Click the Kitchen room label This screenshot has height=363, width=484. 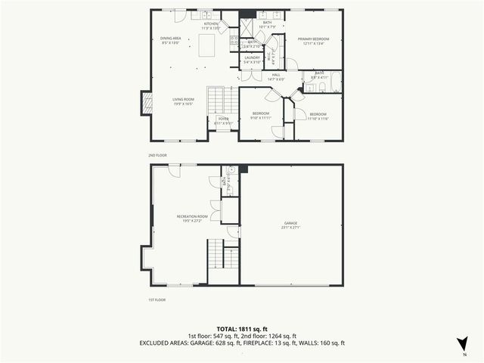pos(211,26)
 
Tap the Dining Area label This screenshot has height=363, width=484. pos(170,41)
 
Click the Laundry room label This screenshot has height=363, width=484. pos(253,60)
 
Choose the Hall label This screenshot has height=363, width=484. pos(276,77)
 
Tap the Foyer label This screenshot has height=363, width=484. pos(223,122)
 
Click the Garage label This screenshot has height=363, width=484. pos(291,225)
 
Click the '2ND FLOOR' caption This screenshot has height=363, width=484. pos(157,154)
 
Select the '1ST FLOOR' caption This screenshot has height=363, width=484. pos(157,299)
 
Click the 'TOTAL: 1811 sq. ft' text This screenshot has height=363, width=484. pos(242,330)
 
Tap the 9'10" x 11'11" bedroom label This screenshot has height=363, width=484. pos(261,115)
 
